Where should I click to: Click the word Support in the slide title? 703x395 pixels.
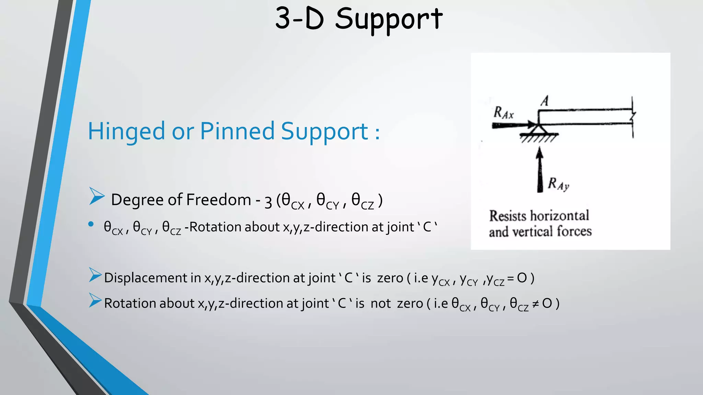click(389, 19)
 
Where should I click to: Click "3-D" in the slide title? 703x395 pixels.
click(299, 19)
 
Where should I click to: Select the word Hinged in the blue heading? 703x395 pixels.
click(126, 132)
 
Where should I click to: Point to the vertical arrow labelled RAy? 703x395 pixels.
click(540, 169)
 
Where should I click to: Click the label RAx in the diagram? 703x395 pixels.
click(503, 113)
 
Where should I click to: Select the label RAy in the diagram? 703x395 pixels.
click(558, 184)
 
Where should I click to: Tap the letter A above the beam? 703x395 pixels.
click(545, 101)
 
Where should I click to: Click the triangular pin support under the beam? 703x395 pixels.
click(538, 130)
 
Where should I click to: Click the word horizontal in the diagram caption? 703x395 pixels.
click(560, 216)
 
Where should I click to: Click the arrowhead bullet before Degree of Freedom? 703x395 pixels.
click(96, 196)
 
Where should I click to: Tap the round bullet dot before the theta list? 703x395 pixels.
click(91, 224)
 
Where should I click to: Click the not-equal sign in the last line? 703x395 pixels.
click(535, 304)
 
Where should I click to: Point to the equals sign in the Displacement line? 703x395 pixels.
click(510, 278)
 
